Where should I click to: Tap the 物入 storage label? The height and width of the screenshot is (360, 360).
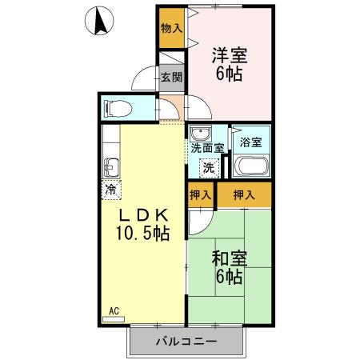click(171, 27)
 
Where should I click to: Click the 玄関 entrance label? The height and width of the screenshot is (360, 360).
click(170, 78)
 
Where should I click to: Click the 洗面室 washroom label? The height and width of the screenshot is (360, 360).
click(206, 148)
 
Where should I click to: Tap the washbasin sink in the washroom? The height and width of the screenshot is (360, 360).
click(199, 134)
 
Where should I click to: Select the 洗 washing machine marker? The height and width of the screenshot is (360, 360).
click(208, 168)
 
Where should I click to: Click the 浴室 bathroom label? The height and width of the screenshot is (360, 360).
click(251, 142)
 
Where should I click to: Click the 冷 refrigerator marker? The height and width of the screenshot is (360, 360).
click(110, 190)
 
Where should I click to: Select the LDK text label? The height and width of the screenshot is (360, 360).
click(144, 215)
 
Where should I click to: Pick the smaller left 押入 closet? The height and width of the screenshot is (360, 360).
click(201, 194)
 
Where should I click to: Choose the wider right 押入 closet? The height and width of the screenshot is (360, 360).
click(244, 194)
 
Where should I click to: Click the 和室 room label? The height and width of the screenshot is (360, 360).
click(229, 258)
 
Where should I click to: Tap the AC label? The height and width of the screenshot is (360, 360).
click(114, 310)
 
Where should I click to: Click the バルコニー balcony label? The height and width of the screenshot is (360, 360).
click(185, 342)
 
